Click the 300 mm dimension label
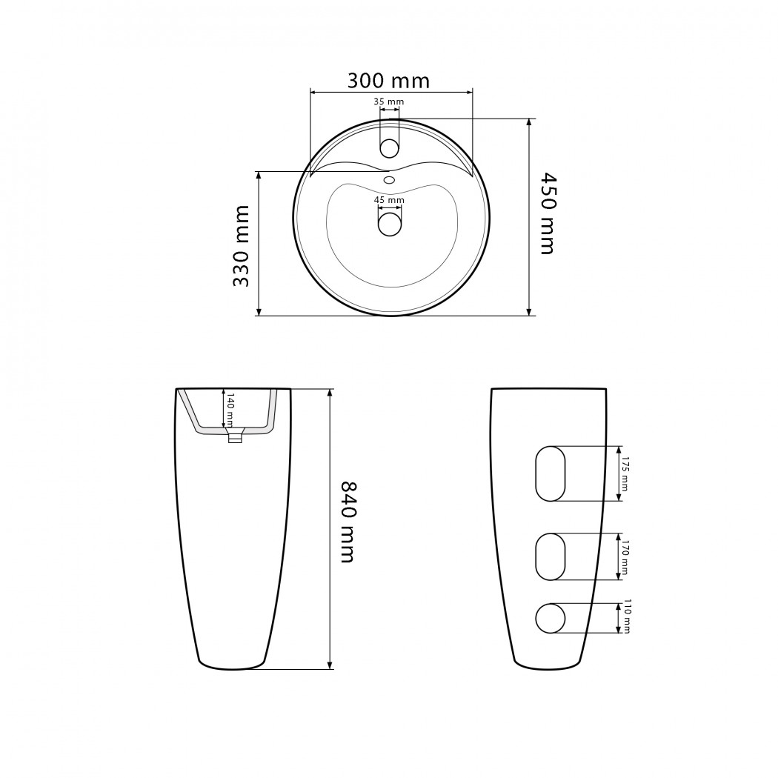coord(388,80)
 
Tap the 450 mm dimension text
coord(548,213)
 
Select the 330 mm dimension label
coord(241,246)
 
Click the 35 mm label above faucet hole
coord(388,102)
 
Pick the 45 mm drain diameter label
coord(389,200)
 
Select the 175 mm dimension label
coord(624,473)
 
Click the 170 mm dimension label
coord(624,557)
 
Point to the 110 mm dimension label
coord(627,616)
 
